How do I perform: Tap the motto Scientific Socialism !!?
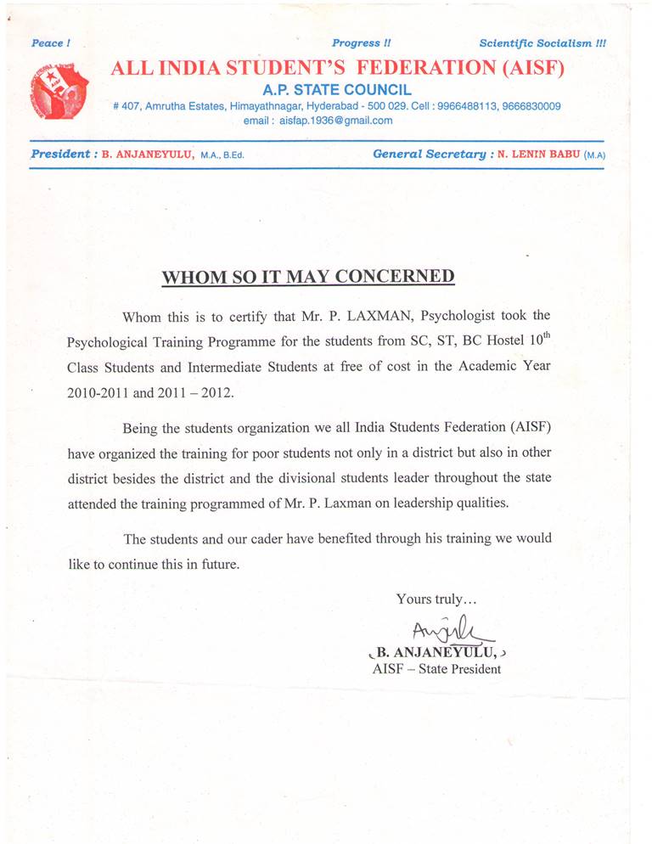coord(542,42)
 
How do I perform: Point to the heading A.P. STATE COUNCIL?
coord(337,89)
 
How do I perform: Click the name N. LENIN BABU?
coord(538,155)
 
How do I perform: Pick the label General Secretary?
coord(428,155)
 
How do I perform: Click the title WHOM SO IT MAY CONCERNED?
coord(308,276)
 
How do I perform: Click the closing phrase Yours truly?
coord(436,599)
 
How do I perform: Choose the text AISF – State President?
coord(436,669)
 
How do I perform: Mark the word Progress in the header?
coord(357,42)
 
